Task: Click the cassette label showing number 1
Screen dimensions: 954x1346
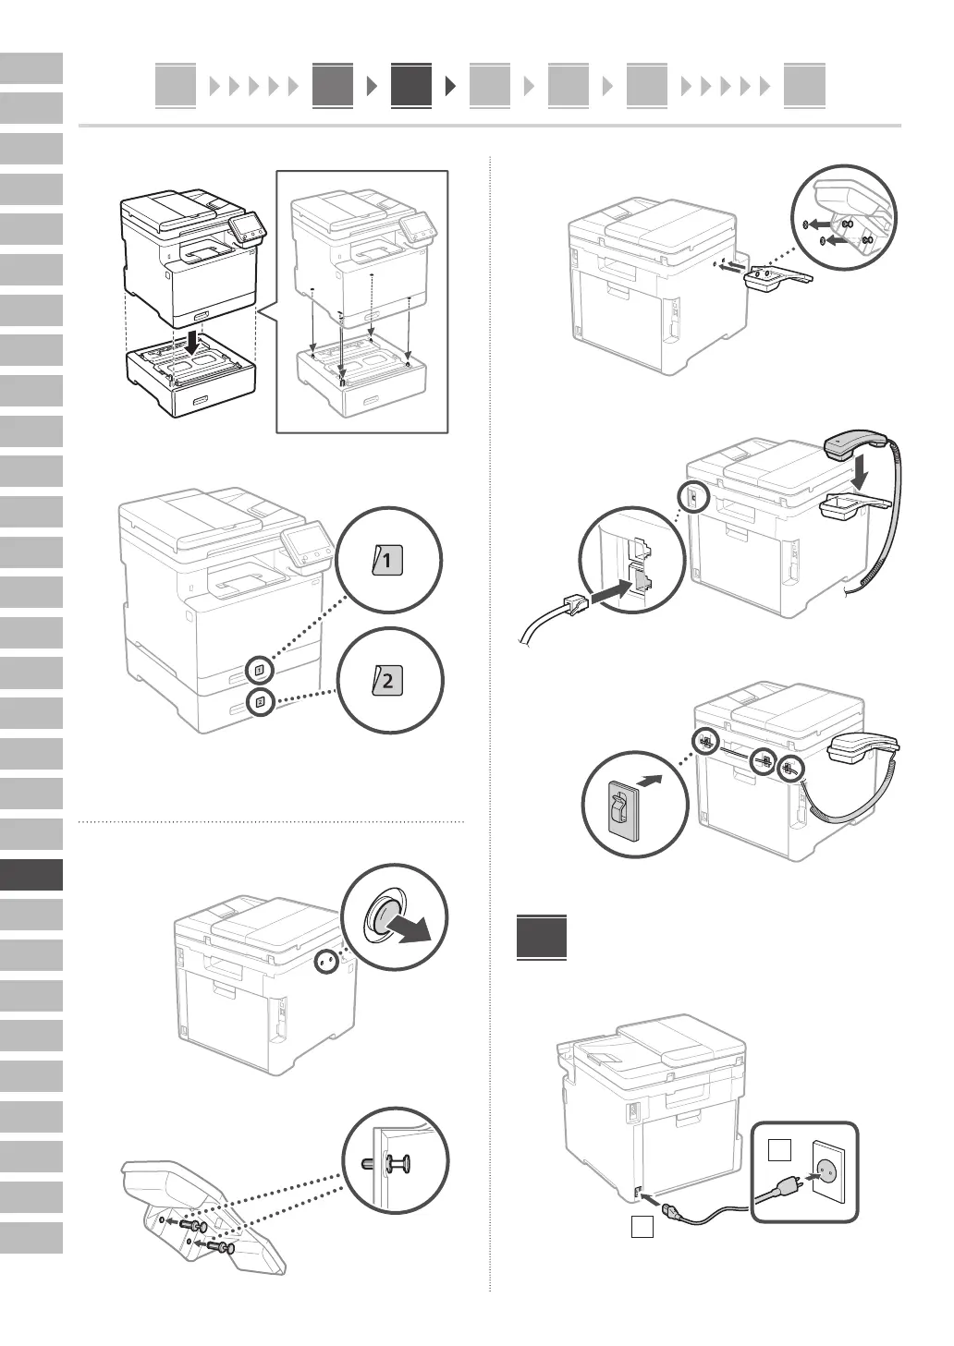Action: click(x=387, y=561)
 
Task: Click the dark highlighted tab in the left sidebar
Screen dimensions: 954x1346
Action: click(x=31, y=875)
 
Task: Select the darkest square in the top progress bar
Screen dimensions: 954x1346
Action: click(x=410, y=86)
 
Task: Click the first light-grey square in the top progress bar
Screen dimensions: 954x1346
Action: click(x=176, y=86)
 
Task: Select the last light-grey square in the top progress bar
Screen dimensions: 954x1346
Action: click(x=803, y=86)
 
